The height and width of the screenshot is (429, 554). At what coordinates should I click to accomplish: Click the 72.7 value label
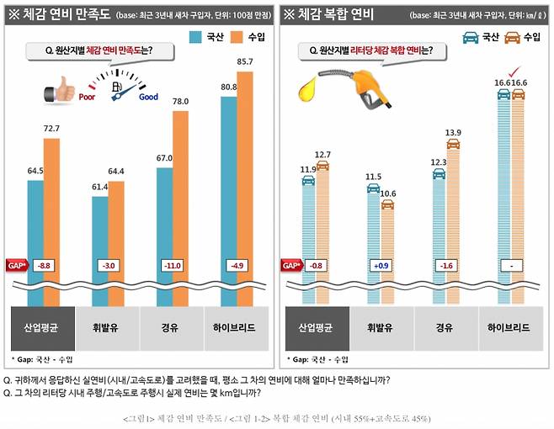click(x=52, y=128)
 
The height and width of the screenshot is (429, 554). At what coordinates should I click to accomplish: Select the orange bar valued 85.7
click(x=245, y=185)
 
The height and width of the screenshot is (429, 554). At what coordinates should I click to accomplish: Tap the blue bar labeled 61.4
click(x=100, y=244)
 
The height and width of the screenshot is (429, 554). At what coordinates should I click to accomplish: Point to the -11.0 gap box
click(x=173, y=266)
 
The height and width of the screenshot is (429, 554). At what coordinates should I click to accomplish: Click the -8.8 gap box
click(x=44, y=266)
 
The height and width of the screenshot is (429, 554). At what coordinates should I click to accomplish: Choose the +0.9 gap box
click(x=381, y=266)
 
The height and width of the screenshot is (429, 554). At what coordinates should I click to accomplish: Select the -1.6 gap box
click(x=445, y=266)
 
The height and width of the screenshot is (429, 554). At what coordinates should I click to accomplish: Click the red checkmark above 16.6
click(x=510, y=70)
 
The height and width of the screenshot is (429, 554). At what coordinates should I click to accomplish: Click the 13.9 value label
click(x=454, y=133)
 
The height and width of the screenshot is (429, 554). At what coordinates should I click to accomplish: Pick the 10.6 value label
click(x=388, y=193)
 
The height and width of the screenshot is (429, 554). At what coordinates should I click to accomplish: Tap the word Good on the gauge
click(x=148, y=97)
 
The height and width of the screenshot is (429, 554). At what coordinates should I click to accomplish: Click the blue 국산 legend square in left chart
click(x=195, y=36)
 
